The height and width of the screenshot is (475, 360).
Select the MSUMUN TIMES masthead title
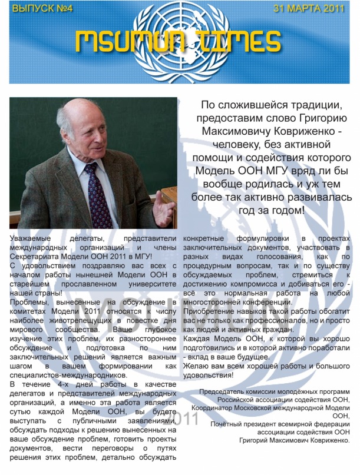click(178, 41)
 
